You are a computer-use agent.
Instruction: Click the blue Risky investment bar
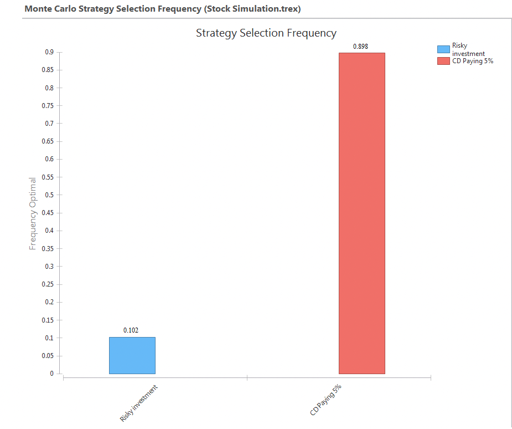point(132,355)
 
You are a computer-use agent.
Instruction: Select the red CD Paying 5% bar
point(361,213)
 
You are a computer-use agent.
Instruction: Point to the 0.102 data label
point(131,330)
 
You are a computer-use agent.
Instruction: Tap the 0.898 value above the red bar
point(360,47)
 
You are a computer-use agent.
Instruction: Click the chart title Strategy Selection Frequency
point(266,33)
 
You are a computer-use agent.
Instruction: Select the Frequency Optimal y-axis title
point(33,213)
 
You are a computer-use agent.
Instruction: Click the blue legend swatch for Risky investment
point(443,49)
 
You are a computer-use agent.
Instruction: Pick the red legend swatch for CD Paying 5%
point(443,61)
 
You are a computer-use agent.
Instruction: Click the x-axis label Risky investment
point(138,403)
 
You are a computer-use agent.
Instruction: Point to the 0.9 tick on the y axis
point(49,52)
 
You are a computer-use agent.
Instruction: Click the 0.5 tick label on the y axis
point(49,195)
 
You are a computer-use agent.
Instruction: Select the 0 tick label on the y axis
point(51,374)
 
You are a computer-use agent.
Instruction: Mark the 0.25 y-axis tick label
point(48,284)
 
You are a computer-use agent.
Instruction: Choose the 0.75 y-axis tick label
point(48,106)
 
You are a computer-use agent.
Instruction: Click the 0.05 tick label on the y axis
point(48,356)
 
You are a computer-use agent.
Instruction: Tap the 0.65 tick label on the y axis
point(48,141)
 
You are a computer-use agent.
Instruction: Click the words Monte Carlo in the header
point(49,9)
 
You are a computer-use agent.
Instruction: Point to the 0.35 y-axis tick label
point(48,249)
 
